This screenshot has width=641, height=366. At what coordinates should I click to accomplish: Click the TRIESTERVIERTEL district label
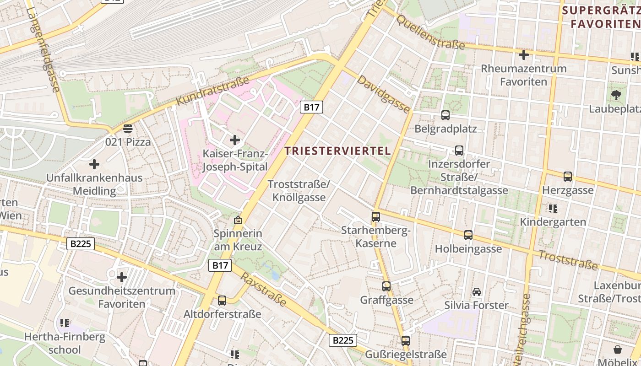pyautogui.click(x=338, y=151)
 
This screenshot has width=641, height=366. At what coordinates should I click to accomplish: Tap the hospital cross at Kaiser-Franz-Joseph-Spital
pyautogui.click(x=235, y=140)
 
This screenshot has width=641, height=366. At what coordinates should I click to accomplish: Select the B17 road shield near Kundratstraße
pyautogui.click(x=312, y=108)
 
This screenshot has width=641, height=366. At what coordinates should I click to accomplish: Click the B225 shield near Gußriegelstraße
pyautogui.click(x=342, y=340)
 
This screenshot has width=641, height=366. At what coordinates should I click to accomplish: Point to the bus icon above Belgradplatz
pyautogui.click(x=445, y=115)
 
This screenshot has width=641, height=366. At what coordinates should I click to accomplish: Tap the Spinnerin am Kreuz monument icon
pyautogui.click(x=238, y=220)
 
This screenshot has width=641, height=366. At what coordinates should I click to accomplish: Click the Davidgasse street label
pyautogui.click(x=383, y=94)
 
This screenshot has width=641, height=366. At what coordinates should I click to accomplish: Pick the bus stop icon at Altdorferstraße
pyautogui.click(x=222, y=301)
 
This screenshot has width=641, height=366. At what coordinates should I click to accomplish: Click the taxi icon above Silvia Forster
pyautogui.click(x=476, y=292)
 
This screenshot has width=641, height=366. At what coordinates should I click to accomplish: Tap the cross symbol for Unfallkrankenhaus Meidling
pyautogui.click(x=94, y=164)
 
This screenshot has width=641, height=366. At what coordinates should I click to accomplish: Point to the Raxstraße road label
pyautogui.click(x=263, y=290)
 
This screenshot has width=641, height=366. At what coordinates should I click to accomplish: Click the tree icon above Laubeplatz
pyautogui.click(x=616, y=95)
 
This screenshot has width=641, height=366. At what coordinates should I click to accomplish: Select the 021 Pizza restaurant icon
pyautogui.click(x=128, y=129)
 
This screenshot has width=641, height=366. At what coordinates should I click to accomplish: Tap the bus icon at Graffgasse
pyautogui.click(x=386, y=286)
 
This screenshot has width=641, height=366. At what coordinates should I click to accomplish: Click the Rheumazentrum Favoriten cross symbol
pyautogui.click(x=523, y=55)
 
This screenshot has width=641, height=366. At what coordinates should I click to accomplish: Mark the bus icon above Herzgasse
pyautogui.click(x=568, y=176)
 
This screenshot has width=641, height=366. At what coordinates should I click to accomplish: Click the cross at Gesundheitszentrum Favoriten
pyautogui.click(x=121, y=277)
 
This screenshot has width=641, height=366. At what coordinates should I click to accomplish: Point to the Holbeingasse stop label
pyautogui.click(x=468, y=249)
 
